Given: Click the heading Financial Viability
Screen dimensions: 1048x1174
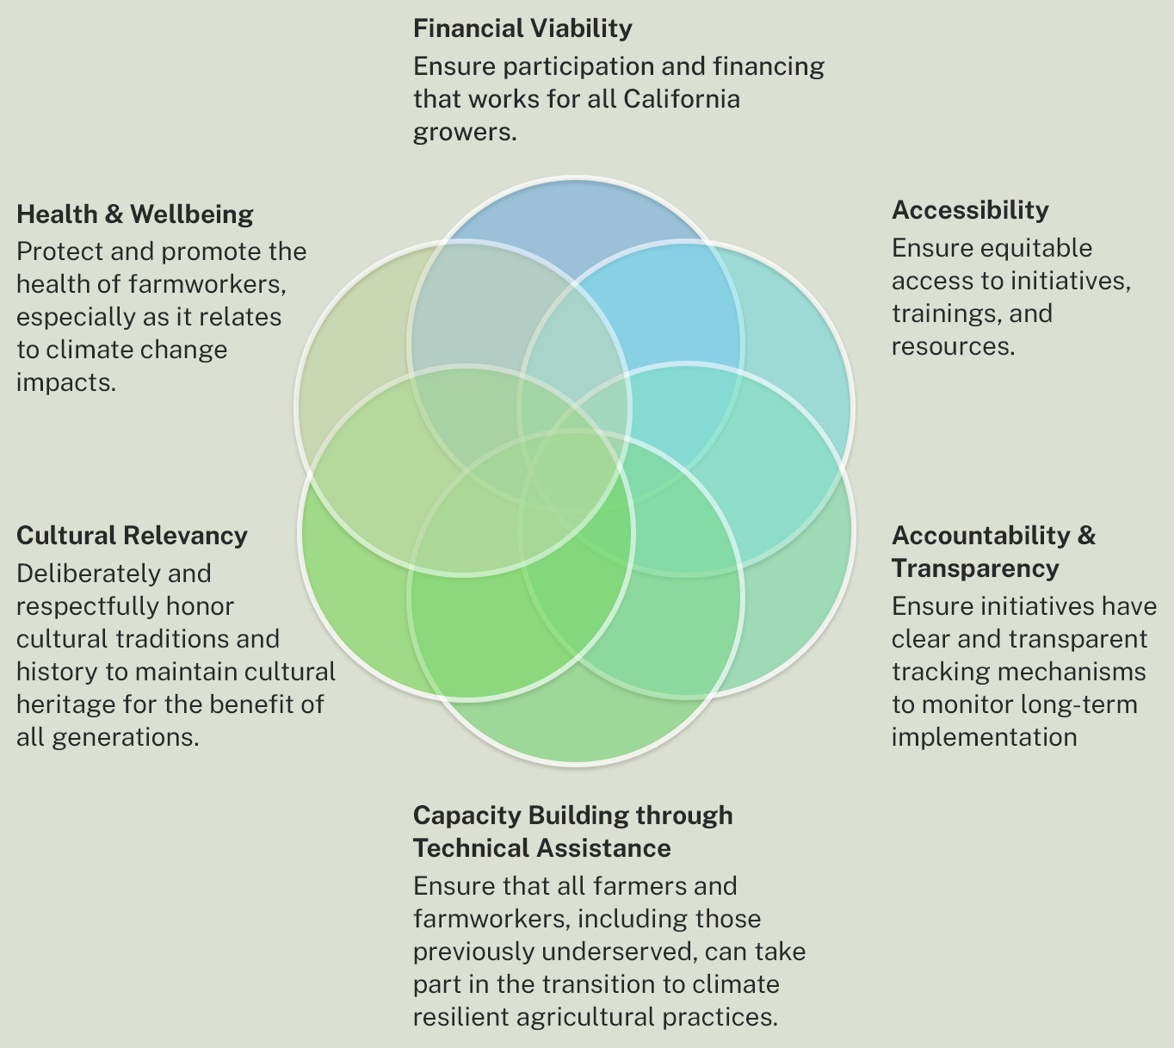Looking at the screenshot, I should coord(522,28).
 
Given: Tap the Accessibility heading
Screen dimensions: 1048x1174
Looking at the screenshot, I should coord(970,210).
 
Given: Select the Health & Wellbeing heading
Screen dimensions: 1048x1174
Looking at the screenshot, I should coord(135,214).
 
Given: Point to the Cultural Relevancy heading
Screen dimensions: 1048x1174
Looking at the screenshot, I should coord(132,536).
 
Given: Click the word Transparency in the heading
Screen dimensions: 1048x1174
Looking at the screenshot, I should coord(975,568).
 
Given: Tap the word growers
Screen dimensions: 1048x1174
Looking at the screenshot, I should coord(462,132).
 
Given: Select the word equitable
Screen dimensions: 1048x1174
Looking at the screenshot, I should coord(1036,248).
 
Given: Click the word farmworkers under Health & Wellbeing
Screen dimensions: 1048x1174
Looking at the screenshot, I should coord(207,284).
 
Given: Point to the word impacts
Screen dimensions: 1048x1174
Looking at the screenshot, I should coord(65,382).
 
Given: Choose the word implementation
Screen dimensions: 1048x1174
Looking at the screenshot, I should coord(984,737).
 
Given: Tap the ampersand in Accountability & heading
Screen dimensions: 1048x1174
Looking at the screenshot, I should coord(1086,536).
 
